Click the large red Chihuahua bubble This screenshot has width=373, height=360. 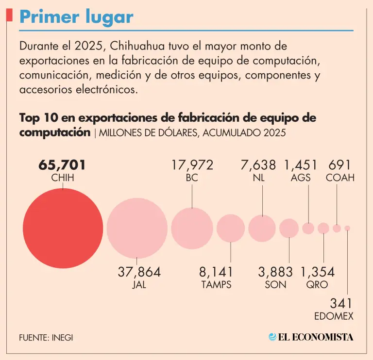[63, 228]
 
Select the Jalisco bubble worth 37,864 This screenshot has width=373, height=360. [137, 228]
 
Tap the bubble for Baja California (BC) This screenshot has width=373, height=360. [192, 228]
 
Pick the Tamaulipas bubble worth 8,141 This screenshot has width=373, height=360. [231, 228]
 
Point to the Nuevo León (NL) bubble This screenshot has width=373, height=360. [262, 228]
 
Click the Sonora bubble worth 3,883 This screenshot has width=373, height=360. [289, 228]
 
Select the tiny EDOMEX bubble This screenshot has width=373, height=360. [347, 228]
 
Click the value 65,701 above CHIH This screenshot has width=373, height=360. [63, 165]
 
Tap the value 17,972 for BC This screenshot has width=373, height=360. [192, 165]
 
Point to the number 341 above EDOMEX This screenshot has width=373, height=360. [341, 304]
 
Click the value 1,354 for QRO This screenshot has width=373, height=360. [318, 272]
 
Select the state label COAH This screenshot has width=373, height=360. [340, 178]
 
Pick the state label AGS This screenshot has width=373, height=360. [301, 178]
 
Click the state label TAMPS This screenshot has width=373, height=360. [216, 285]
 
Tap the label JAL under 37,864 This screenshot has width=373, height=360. [139, 285]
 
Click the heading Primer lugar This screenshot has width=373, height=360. [76, 17]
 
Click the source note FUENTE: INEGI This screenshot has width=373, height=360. [46, 337]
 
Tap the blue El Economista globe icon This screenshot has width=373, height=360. [272, 337]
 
